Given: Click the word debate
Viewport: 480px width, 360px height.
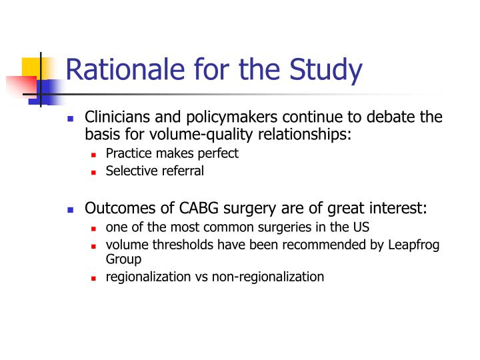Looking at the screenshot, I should pyautogui.click(x=392, y=117).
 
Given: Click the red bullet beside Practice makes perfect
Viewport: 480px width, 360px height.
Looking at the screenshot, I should pyautogui.click(x=94, y=154).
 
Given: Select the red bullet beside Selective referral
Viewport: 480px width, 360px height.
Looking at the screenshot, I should pyautogui.click(x=94, y=171).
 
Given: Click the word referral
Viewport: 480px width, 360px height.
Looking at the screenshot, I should pyautogui.click(x=181, y=171).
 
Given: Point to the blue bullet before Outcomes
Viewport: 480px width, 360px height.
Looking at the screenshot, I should pyautogui.click(x=71, y=209).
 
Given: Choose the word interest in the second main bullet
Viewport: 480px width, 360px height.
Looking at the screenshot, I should pyautogui.click(x=399, y=209).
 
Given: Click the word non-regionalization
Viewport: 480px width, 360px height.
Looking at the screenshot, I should pyautogui.click(x=268, y=277).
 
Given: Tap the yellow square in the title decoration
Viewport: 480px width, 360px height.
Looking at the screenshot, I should pyautogui.click(x=32, y=67).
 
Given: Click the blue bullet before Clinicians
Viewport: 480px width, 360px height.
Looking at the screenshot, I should pyautogui.click(x=71, y=118).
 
